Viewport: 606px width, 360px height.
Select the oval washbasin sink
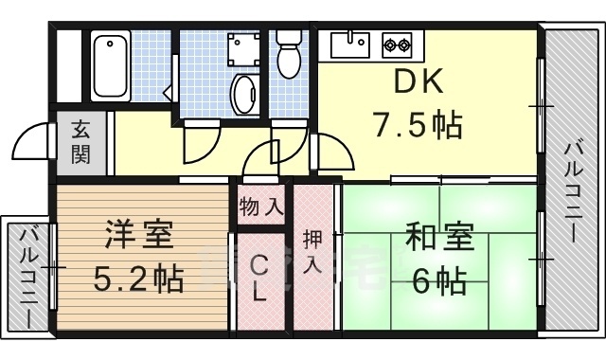click(244, 94)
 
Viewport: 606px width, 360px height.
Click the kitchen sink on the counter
click(352, 42)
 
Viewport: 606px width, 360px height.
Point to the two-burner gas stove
click(396, 43)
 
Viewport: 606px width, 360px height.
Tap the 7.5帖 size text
click(418, 123)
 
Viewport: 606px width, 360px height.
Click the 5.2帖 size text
click(138, 279)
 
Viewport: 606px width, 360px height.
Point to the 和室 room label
click(439, 237)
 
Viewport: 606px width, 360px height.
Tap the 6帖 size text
click(439, 279)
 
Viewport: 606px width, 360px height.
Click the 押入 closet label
click(313, 250)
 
